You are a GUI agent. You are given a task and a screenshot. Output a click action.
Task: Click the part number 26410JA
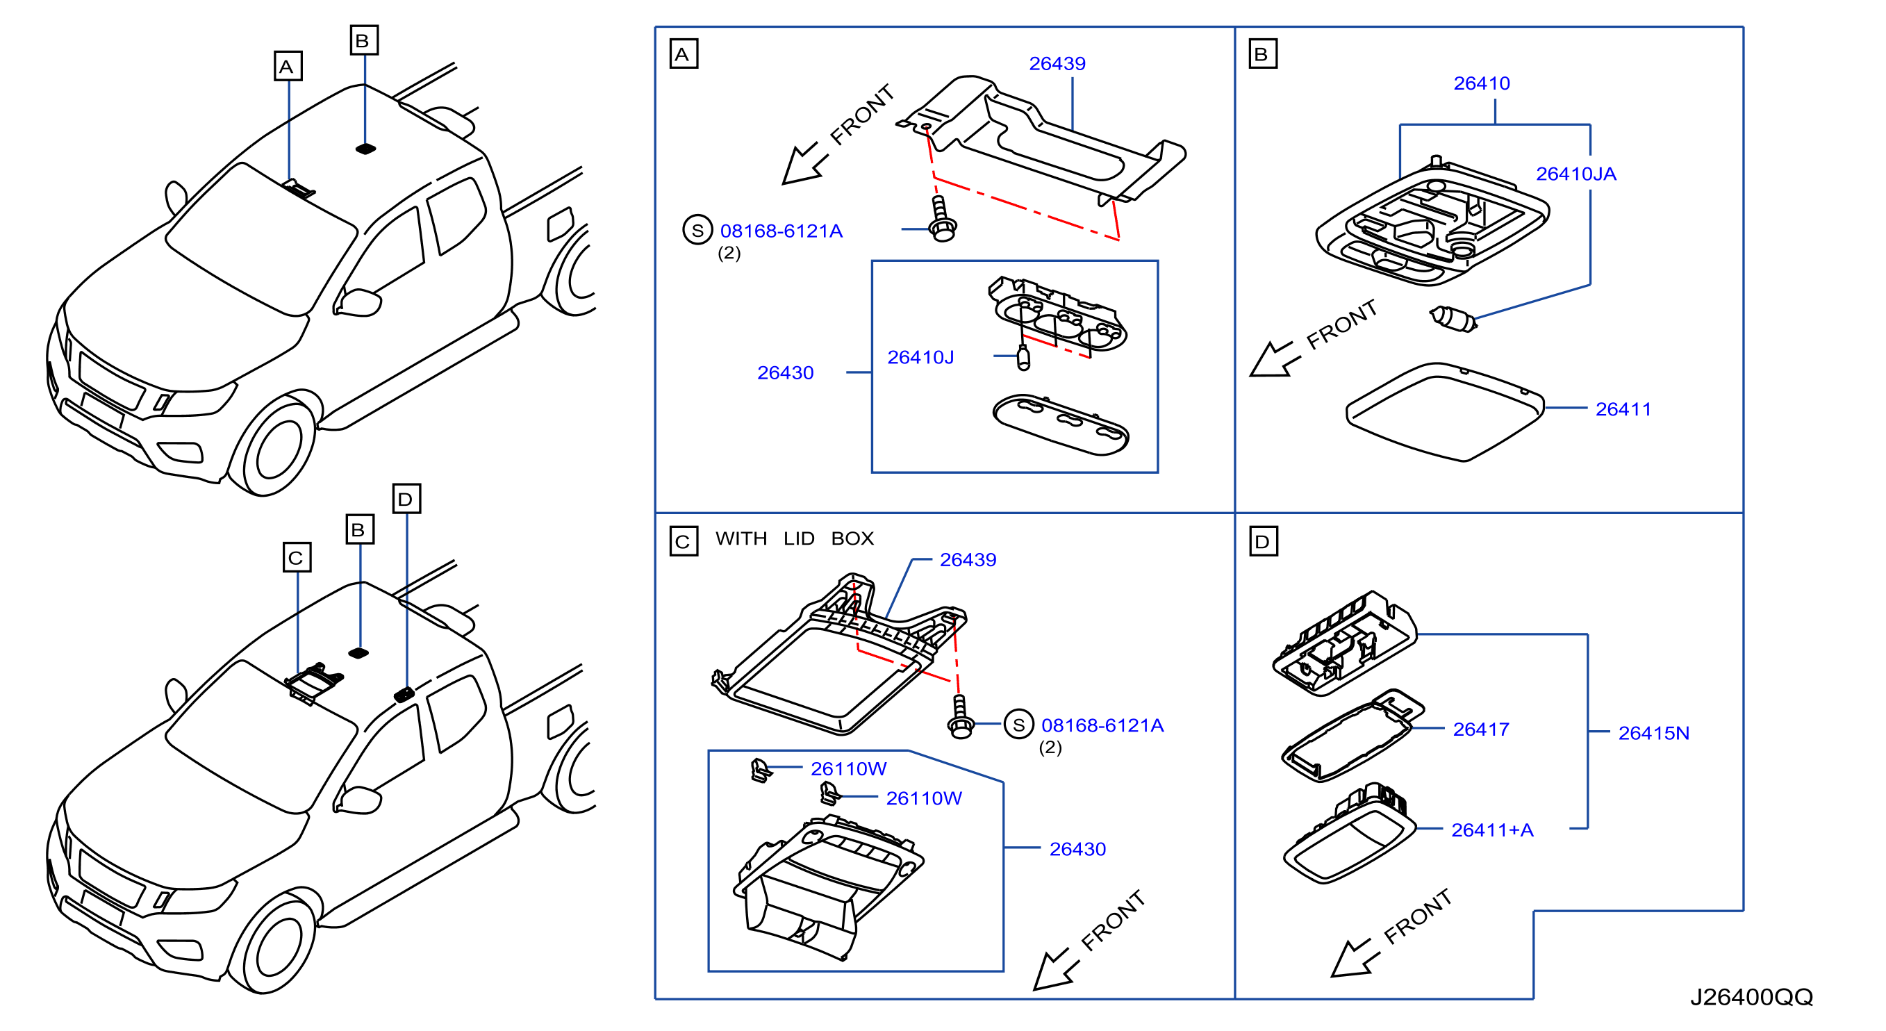[x=1575, y=174]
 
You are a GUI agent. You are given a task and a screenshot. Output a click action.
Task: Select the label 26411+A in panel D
[x=1492, y=830]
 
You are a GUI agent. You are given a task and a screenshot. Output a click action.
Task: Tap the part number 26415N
[x=1654, y=733]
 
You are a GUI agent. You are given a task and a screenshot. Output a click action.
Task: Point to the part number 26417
[x=1481, y=729]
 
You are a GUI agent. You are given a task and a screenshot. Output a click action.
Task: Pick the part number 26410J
[x=920, y=357]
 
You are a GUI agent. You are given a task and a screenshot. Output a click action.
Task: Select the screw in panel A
[x=941, y=219]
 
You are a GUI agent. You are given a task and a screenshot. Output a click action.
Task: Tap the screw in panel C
[x=961, y=717]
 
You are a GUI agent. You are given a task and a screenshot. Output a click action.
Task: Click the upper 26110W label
[x=849, y=769]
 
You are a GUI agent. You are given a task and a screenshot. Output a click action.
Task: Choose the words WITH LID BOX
[x=795, y=538]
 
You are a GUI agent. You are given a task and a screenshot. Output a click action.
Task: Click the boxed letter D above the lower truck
[x=406, y=499]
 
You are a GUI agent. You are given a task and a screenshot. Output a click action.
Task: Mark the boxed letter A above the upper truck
[x=288, y=66]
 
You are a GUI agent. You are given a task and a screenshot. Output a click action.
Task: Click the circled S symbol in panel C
[x=1018, y=725]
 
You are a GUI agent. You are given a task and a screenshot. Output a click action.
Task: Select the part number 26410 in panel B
[x=1482, y=83]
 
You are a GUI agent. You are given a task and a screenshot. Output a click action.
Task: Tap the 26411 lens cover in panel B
[x=1446, y=412]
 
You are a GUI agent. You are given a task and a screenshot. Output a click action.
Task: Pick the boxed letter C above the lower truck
[x=297, y=557]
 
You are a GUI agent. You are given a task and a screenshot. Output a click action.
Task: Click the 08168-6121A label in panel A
[x=781, y=231]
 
